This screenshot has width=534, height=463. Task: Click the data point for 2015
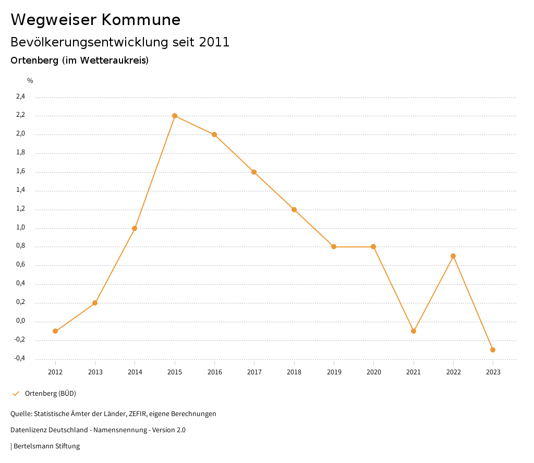[x=175, y=116]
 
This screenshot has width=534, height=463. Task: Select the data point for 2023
[x=493, y=350]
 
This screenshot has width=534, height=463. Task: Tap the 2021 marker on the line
[x=414, y=331]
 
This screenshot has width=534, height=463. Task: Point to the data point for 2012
[x=55, y=331]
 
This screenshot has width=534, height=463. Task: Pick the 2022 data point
[x=453, y=256]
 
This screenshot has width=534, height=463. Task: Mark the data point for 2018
[x=294, y=210]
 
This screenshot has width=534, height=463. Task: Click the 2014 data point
[x=135, y=228]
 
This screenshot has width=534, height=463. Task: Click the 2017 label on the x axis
[x=254, y=372]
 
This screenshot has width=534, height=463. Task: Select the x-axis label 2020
[x=373, y=372]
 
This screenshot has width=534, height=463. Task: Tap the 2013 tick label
[x=95, y=372]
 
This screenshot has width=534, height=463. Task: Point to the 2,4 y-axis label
[x=20, y=96]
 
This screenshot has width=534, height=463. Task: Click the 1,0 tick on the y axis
[x=20, y=228]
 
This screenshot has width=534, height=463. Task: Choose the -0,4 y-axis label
[x=19, y=359]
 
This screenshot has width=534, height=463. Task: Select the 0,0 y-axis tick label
[x=20, y=321]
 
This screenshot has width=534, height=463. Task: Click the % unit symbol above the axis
[x=30, y=81]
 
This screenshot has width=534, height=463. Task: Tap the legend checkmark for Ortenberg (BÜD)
[x=16, y=393]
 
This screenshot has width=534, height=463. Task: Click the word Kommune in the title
[x=140, y=20]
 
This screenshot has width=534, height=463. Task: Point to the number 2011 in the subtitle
[x=214, y=42]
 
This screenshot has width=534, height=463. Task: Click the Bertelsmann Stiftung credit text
[x=46, y=446]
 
